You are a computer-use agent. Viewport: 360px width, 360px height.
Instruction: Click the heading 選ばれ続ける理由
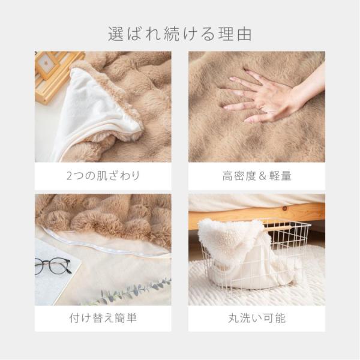(180, 34)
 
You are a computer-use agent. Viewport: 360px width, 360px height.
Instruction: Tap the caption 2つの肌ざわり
(103, 176)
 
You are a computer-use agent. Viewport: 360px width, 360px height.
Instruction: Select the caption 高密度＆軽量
(257, 176)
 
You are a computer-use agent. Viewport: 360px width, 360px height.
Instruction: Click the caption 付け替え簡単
(103, 317)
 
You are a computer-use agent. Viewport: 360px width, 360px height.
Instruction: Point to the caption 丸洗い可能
(257, 317)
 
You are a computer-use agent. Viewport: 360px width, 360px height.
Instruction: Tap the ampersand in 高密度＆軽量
(257, 176)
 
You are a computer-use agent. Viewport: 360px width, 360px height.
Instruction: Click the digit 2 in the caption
(70, 176)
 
